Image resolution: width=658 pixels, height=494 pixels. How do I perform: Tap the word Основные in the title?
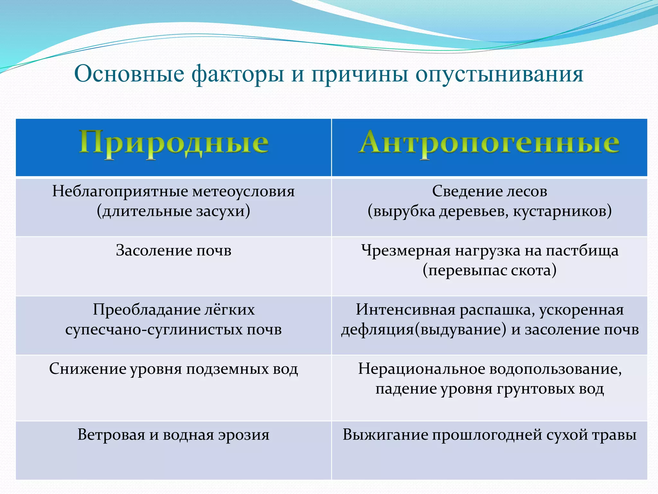click(129, 74)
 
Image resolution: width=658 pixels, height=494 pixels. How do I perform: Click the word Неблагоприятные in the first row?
click(120, 191)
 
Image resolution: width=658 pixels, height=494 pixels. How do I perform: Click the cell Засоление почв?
click(173, 250)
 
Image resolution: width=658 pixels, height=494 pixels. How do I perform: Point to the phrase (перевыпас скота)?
click(489, 270)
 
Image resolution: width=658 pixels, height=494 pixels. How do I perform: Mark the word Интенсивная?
click(405, 310)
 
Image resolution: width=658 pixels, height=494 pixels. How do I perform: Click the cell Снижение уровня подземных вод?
click(173, 369)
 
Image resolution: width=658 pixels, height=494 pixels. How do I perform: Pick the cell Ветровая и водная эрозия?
click(173, 435)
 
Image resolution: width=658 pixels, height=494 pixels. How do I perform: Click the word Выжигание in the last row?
click(385, 435)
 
